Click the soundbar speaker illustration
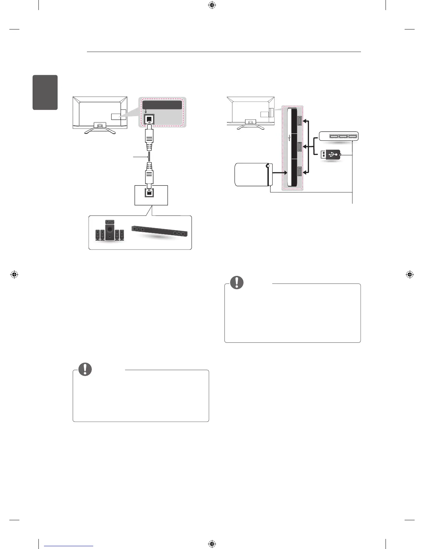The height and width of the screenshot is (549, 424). [x=160, y=231]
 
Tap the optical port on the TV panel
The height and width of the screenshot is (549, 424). [x=149, y=120]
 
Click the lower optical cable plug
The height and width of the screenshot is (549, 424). [x=149, y=175]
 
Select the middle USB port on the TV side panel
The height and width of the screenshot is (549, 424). [x=300, y=147]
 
